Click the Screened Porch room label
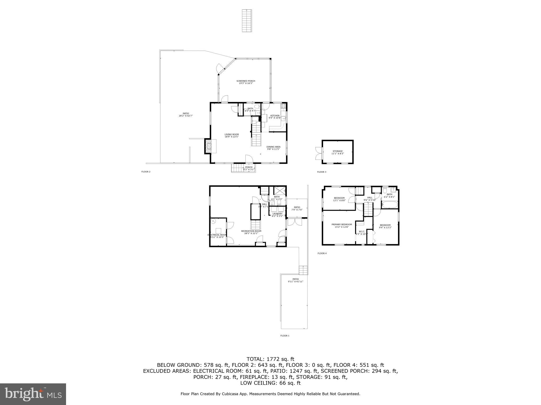pos(246,82)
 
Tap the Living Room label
pos(232,136)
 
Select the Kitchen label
pos(275,117)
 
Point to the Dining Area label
pos(273,148)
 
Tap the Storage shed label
pos(338,152)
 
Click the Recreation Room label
pos(251,232)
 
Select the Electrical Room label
pos(217,236)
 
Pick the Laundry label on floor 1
pos(277,215)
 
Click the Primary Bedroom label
pos(342,225)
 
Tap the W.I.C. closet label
pos(362,233)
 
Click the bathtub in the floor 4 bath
pos(390,205)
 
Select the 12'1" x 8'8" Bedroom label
pos(339,199)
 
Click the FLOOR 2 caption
pos(146,172)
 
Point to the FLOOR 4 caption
pos(322,253)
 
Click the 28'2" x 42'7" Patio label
pos(186,114)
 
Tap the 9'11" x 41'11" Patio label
pos(295,280)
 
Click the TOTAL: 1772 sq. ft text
pos(270,359)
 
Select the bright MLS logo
pos(33,394)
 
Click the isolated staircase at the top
pos(247,21)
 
